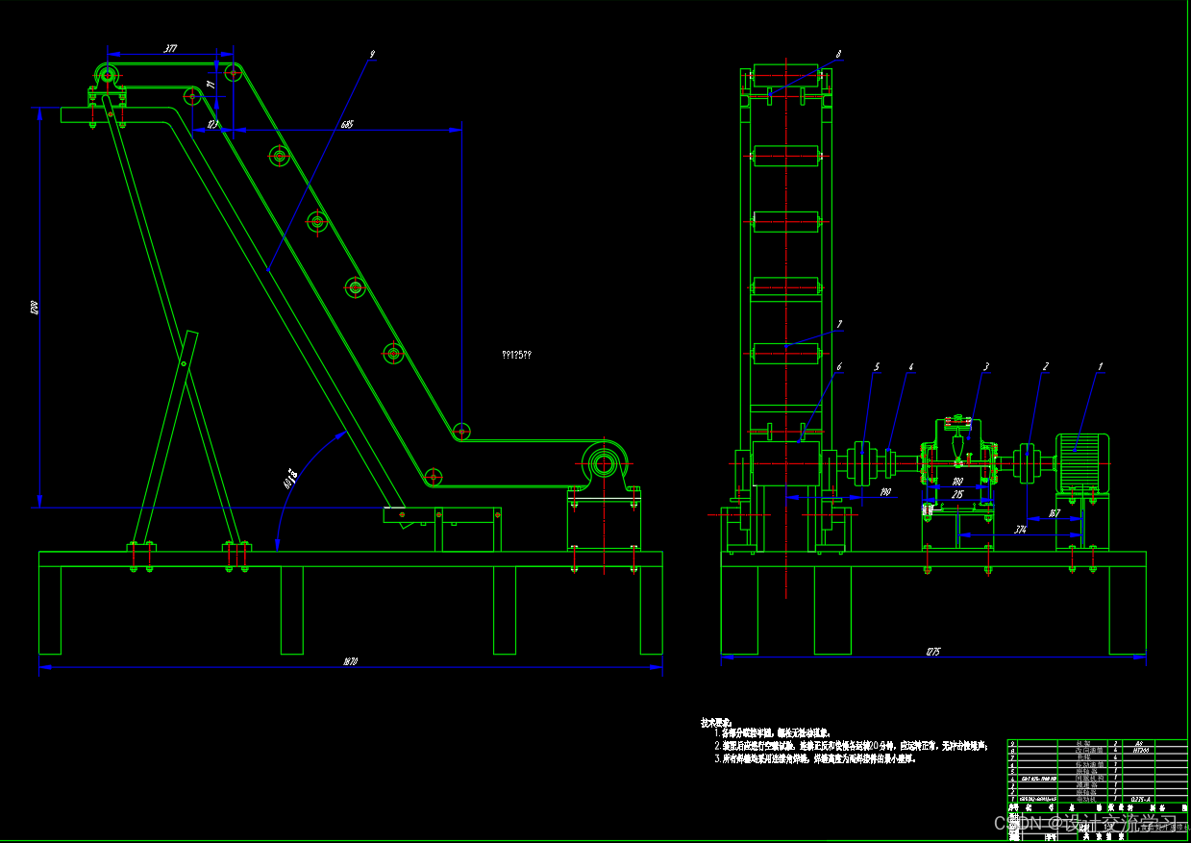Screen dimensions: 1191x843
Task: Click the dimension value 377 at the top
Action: (170, 47)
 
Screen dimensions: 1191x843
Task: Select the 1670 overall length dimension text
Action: (350, 661)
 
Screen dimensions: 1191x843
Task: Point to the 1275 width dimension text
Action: (932, 653)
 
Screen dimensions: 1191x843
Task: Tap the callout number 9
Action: (372, 55)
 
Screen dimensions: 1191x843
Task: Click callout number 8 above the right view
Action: (838, 55)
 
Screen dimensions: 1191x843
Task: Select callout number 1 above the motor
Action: (1101, 366)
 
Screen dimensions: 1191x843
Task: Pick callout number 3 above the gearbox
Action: (985, 366)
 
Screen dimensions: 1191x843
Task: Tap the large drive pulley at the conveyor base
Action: (604, 464)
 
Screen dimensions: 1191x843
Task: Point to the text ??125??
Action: (516, 355)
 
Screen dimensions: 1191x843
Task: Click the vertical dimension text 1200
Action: (33, 308)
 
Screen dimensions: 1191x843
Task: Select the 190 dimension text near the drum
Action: (884, 492)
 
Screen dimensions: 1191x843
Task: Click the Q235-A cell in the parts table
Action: (1141, 799)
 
